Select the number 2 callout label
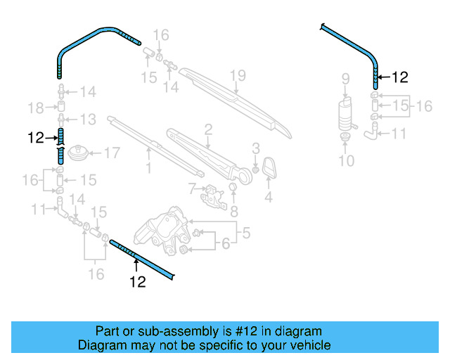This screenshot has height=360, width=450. click(x=208, y=129)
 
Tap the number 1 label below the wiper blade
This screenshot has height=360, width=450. click(x=148, y=168)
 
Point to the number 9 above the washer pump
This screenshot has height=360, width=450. click(x=345, y=77)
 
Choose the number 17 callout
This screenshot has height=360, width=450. click(x=112, y=152)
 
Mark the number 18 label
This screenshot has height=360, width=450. click(x=35, y=108)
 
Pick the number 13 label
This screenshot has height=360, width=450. click(x=88, y=119)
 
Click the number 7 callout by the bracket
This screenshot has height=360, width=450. click(x=191, y=188)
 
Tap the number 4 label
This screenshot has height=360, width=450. click(x=268, y=198)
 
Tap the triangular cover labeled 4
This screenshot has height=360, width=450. click(x=269, y=169)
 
